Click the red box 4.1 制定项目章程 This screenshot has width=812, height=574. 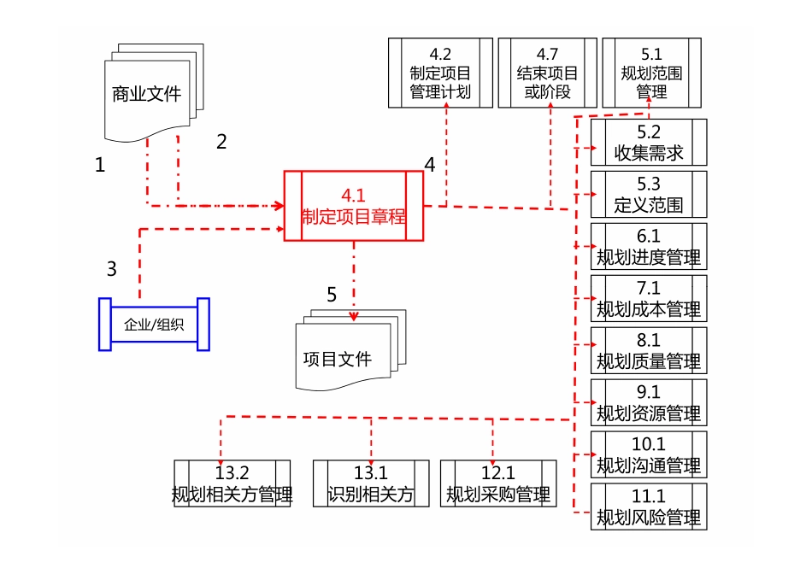[x=353, y=206]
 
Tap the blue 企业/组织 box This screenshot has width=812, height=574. [x=154, y=324]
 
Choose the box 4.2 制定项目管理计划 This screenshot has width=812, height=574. [x=440, y=73]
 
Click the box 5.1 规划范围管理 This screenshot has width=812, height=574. [x=651, y=73]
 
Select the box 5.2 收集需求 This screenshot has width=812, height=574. [x=649, y=143]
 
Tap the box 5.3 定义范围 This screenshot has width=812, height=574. [x=649, y=195]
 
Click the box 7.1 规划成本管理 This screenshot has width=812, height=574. [x=649, y=299]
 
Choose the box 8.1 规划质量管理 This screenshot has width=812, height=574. [x=649, y=351]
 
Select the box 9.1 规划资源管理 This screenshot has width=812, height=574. [x=649, y=403]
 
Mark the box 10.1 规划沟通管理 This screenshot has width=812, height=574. [x=649, y=455]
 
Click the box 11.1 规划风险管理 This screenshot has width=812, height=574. [x=649, y=507]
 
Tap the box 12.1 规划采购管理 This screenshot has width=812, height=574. [x=498, y=484]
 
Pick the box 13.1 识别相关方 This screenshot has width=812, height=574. [x=371, y=484]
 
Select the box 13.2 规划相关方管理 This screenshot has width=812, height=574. [x=232, y=484]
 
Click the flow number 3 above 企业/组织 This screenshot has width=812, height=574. [x=111, y=268]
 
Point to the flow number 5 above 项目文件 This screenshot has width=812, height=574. [x=332, y=295]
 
